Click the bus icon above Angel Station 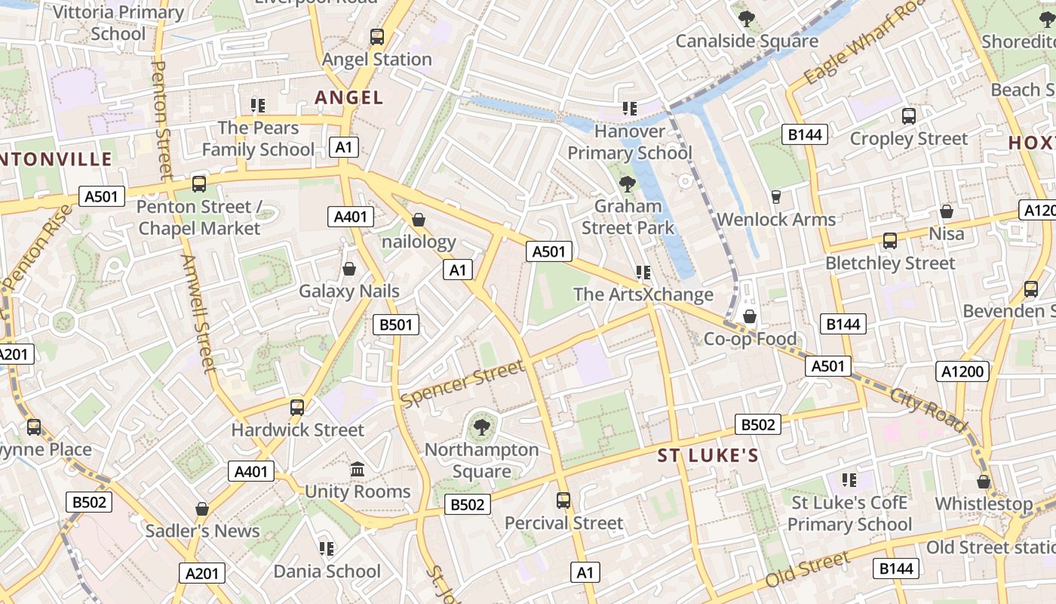point(376,36)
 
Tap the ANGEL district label point(349,97)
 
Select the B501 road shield point(396,325)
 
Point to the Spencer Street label point(462,384)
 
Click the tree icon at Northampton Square point(481,427)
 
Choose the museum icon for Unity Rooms point(358,470)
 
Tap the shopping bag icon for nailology point(419,220)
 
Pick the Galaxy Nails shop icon point(349,269)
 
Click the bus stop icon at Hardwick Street point(297,408)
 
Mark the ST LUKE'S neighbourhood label point(708,455)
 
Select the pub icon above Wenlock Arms point(775,197)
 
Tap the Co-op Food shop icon point(750,316)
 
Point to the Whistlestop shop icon point(984,482)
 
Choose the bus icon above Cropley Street point(908,116)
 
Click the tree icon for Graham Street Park point(627,183)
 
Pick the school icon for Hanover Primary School point(629,109)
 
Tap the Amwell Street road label point(198,313)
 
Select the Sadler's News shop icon point(202,509)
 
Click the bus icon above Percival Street point(563,500)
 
